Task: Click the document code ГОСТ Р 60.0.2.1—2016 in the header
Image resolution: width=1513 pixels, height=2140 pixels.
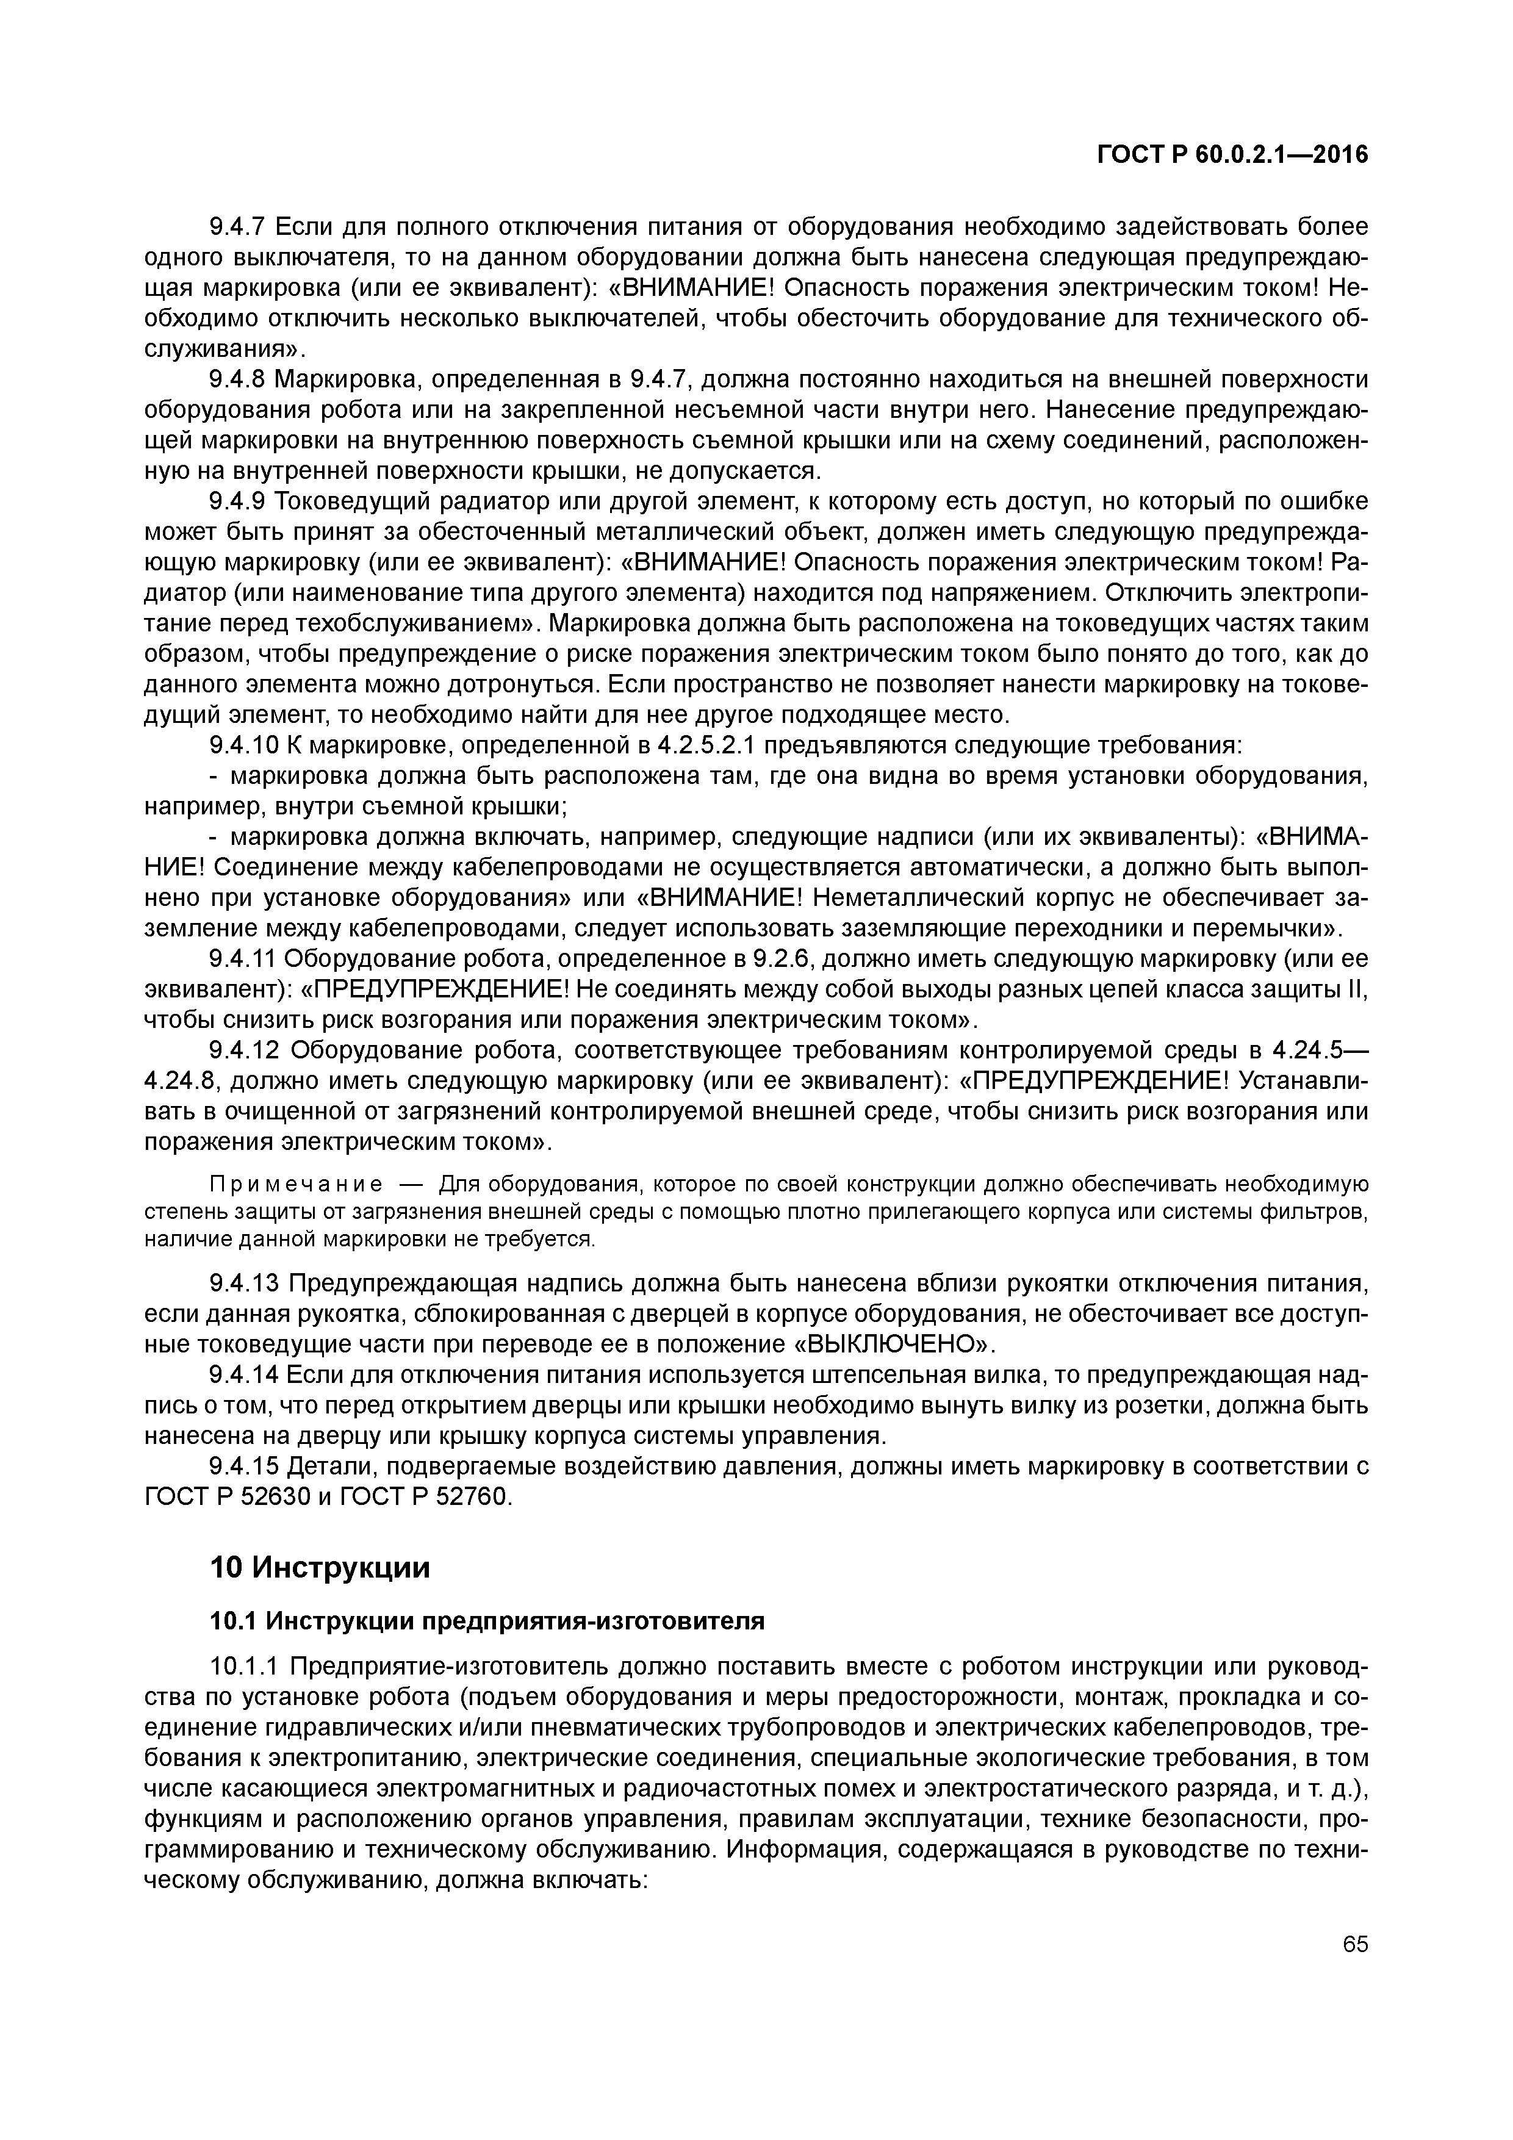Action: tap(1232, 155)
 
